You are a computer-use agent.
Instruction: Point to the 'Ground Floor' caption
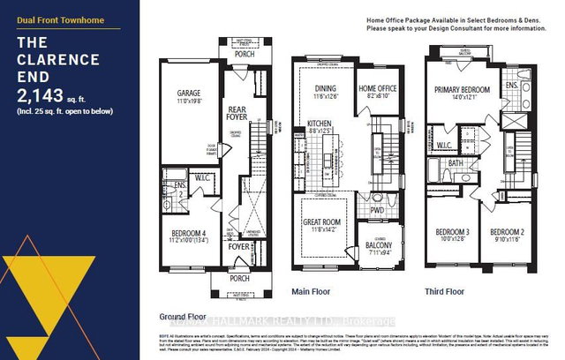coord(182,315)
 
